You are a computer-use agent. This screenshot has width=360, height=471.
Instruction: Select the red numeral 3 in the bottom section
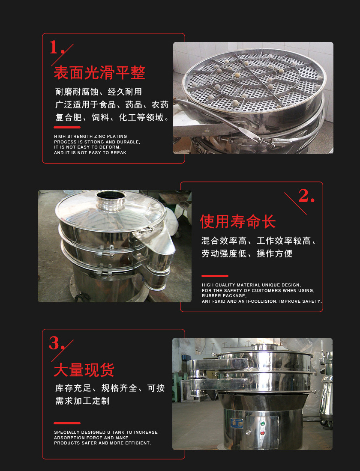coord(54,343)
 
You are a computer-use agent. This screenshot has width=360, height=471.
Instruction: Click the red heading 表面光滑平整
coord(99,73)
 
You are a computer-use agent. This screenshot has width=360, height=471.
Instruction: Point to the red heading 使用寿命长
coord(237,222)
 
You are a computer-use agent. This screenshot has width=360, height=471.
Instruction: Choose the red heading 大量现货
coord(84,370)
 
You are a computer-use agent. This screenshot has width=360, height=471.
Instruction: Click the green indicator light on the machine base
coord(262,424)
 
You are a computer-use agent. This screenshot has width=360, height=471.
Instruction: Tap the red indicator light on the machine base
coord(262,433)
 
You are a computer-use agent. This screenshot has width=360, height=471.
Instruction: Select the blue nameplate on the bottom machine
coord(237,423)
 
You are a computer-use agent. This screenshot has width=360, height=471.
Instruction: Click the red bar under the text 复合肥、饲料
coord(67,127)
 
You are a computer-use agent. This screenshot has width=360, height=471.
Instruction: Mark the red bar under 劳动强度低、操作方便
coord(215,276)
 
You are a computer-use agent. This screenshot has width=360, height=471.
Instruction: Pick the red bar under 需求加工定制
coord(67,423)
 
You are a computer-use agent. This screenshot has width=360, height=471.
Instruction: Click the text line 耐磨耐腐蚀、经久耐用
coord(99,92)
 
